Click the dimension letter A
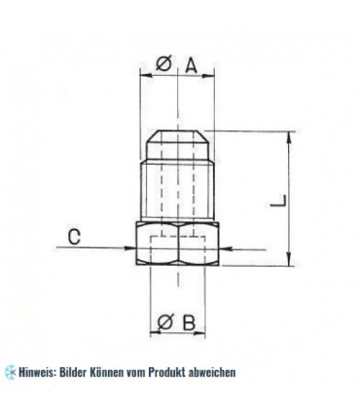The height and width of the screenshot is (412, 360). (192, 65)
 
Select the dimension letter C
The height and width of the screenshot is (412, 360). (74, 235)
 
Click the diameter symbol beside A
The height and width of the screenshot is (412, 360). (164, 65)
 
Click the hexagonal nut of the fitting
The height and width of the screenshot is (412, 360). (181, 247)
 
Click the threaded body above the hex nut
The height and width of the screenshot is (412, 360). (181, 190)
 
